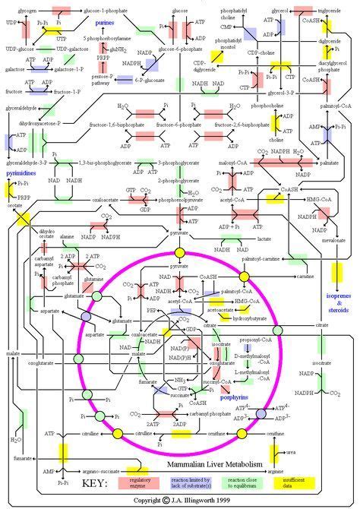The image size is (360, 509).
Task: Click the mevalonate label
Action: pos(333,245)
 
